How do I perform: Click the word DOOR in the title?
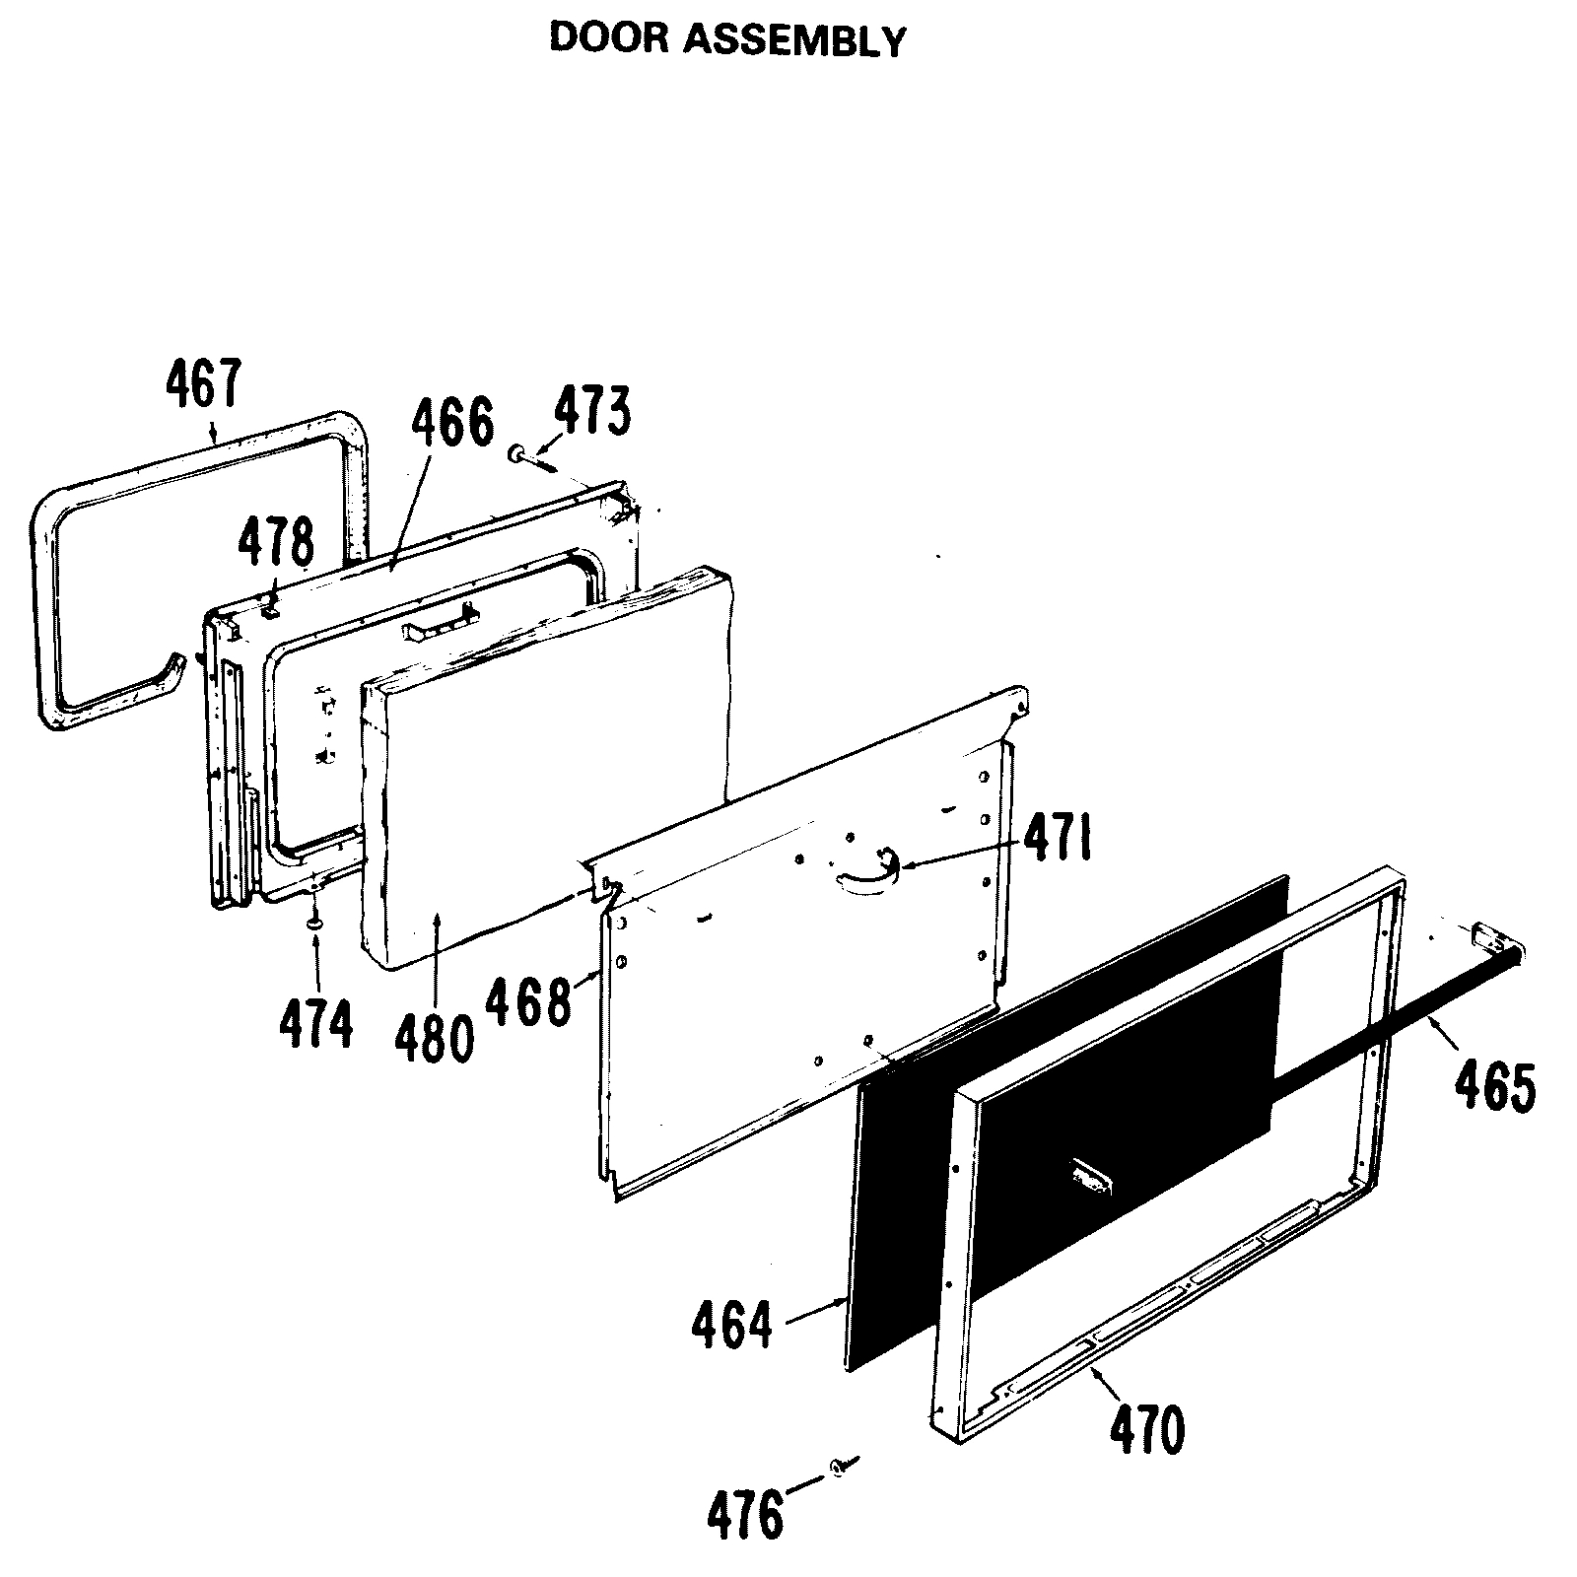point(595,38)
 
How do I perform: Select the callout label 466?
point(452,423)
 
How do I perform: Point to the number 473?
point(590,411)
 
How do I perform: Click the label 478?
point(276,543)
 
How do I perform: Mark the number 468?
point(528,1002)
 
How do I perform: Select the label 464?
point(732,1325)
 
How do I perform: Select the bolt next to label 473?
point(525,457)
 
